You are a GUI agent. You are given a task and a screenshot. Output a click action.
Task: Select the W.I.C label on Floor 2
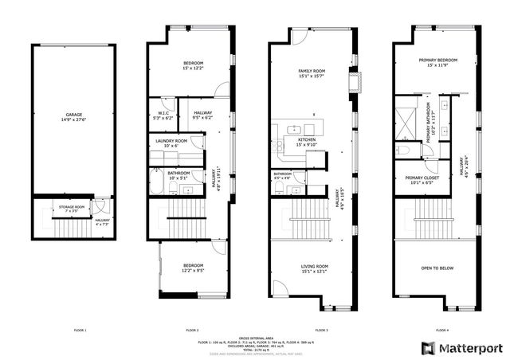[162, 113]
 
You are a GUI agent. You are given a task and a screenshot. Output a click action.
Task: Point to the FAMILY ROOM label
[311, 71]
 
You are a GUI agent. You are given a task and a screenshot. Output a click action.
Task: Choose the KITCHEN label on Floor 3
[307, 139]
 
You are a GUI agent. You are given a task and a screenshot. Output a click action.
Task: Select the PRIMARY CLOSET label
[419, 178]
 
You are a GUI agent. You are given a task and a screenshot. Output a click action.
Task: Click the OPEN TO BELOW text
[437, 268]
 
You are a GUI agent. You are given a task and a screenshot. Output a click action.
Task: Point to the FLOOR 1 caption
[80, 330]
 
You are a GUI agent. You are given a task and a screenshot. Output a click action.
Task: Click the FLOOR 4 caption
[441, 330]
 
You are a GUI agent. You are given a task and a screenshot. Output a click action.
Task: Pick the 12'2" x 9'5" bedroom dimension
[193, 271]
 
